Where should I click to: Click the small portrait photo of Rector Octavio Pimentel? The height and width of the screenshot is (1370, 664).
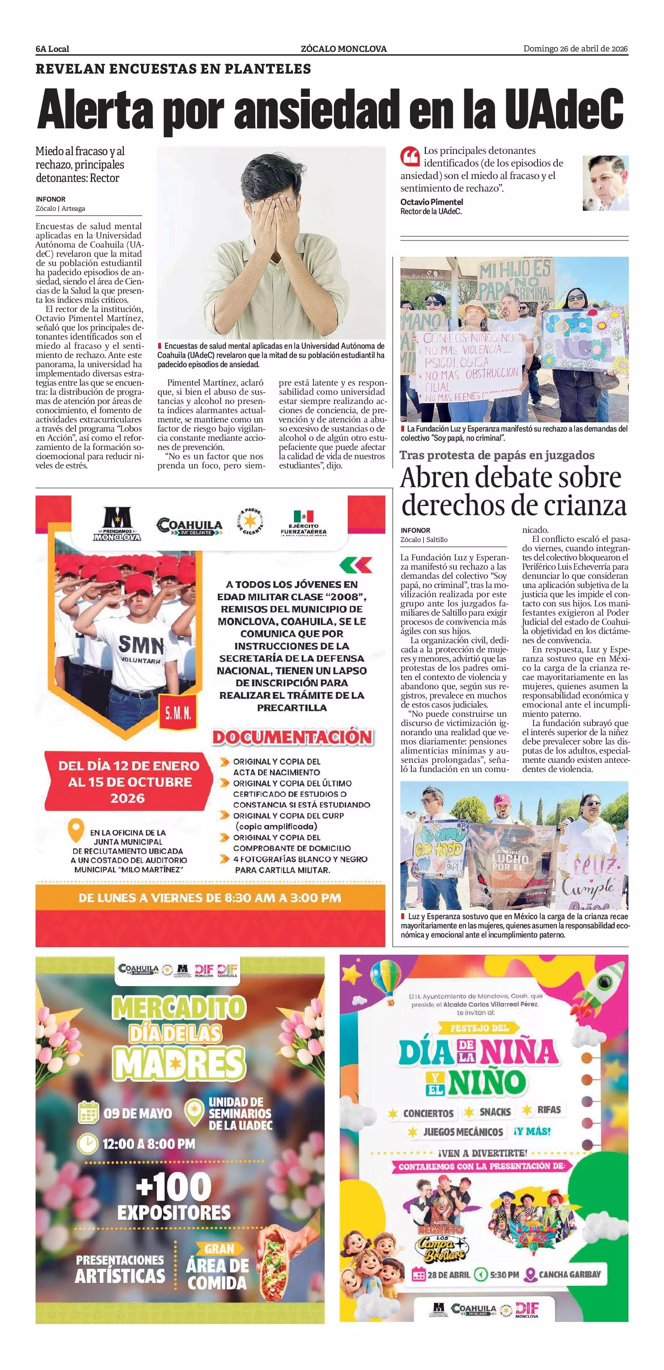pyautogui.click(x=605, y=182)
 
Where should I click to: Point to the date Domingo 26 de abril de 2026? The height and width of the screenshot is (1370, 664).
pyautogui.click(x=575, y=49)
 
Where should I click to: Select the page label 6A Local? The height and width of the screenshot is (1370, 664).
pyautogui.click(x=52, y=49)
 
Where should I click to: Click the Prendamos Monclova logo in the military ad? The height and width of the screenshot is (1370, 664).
pyautogui.click(x=117, y=524)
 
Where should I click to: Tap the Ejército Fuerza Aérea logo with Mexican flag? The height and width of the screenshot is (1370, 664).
pyautogui.click(x=303, y=522)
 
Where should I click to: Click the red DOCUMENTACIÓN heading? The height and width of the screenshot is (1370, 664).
pyautogui.click(x=292, y=737)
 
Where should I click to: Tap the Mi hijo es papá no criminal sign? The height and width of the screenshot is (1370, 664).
pyautogui.click(x=515, y=280)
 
